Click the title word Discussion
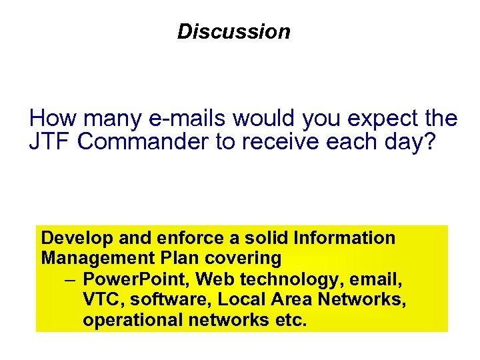(234, 32)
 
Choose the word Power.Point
(127, 279)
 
